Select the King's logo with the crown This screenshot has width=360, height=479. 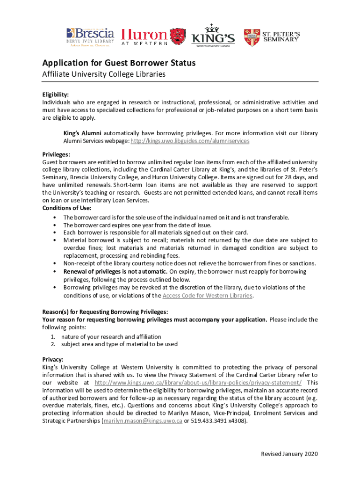tap(213, 35)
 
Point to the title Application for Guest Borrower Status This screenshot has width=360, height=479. tap(119, 63)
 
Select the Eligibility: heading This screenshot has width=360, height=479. tap(56, 94)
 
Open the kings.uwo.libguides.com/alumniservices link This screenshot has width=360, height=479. tap(190, 141)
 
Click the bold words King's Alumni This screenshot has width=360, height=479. tap(82, 133)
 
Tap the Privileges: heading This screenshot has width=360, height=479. tap(57, 154)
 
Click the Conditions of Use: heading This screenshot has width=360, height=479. tap(67, 208)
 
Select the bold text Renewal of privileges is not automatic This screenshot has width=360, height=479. tap(115, 271)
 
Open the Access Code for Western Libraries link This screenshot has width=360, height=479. tap(208, 296)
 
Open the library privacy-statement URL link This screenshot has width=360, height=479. tap(198, 383)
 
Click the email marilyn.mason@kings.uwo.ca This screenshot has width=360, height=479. tap(143, 421)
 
